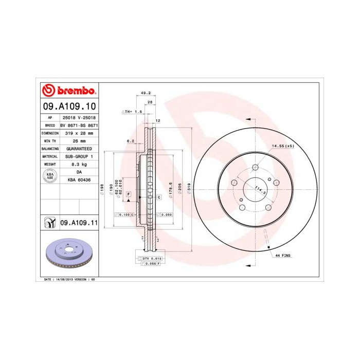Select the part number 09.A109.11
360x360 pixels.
coord(79,223)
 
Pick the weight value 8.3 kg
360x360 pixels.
coord(79,164)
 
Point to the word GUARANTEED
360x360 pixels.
coord(79,148)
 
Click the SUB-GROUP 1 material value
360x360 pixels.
coord(79,156)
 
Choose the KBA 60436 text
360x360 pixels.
coord(79,181)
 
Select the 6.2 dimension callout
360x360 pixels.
coord(130,140)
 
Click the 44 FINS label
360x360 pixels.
coord(283,255)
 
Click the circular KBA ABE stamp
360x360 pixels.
coord(50,176)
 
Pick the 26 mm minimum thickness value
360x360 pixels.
coord(79,140)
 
